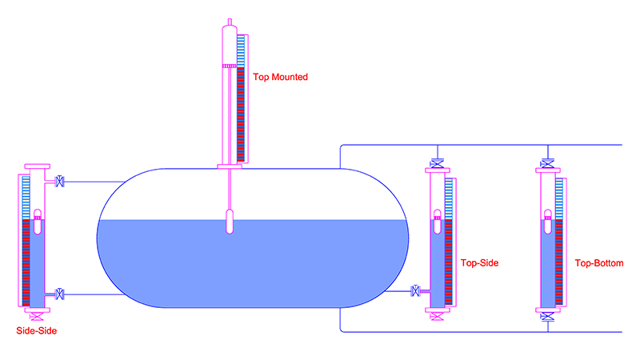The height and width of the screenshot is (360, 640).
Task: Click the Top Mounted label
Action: [280, 77]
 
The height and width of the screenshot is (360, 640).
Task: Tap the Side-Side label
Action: [36, 330]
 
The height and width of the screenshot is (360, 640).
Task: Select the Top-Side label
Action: [479, 263]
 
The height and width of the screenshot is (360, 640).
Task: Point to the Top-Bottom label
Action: [599, 263]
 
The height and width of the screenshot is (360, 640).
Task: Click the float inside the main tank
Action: [230, 222]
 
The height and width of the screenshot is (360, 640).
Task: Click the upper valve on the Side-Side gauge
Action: [59, 182]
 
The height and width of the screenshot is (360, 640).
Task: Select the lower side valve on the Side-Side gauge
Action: [59, 294]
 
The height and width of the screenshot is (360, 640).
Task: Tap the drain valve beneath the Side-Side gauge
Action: [37, 316]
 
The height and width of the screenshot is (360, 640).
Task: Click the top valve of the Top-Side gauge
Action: [437, 164]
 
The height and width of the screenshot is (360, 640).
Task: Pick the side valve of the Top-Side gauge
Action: [415, 291]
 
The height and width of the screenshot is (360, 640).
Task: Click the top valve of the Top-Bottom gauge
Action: [547, 164]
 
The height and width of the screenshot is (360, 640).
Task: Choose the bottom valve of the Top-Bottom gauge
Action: [547, 316]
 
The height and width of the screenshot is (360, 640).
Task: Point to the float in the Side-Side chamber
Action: [38, 222]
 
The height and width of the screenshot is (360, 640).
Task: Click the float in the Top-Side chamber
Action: [437, 222]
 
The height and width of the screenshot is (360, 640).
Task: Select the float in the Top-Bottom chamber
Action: [548, 222]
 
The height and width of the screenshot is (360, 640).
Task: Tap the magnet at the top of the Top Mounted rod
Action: [230, 66]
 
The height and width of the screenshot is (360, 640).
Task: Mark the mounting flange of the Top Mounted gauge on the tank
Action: [230, 166]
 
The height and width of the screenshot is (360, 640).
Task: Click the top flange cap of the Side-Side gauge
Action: [37, 166]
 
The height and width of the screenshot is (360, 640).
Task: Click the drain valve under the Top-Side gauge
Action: [437, 316]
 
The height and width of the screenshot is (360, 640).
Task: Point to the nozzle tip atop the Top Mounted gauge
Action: [230, 22]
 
